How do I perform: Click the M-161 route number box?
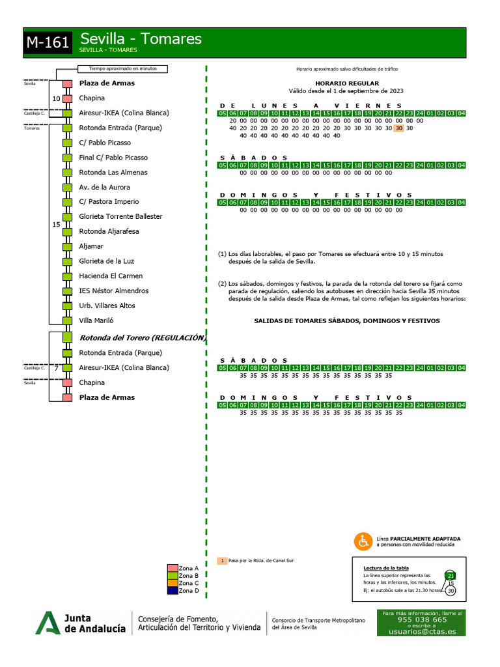(x=48, y=43)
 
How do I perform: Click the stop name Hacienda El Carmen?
(x=111, y=276)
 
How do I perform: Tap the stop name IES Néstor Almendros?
(x=113, y=291)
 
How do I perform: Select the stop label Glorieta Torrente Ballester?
(x=120, y=216)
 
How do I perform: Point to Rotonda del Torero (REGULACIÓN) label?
(x=143, y=338)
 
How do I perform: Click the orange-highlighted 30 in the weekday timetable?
(x=398, y=128)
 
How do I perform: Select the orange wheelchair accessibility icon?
(x=363, y=541)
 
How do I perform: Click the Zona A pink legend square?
(x=173, y=569)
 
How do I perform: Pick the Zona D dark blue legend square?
(x=173, y=591)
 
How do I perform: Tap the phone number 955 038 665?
(x=422, y=619)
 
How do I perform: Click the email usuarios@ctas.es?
(x=423, y=632)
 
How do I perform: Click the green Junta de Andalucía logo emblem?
(x=48, y=623)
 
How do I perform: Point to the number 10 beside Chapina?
(x=56, y=98)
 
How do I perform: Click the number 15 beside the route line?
(x=56, y=224)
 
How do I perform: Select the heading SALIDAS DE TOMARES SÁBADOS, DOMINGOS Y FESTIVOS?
(x=346, y=321)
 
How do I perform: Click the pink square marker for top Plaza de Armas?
(x=67, y=84)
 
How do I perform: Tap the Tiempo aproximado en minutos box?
(x=122, y=69)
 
